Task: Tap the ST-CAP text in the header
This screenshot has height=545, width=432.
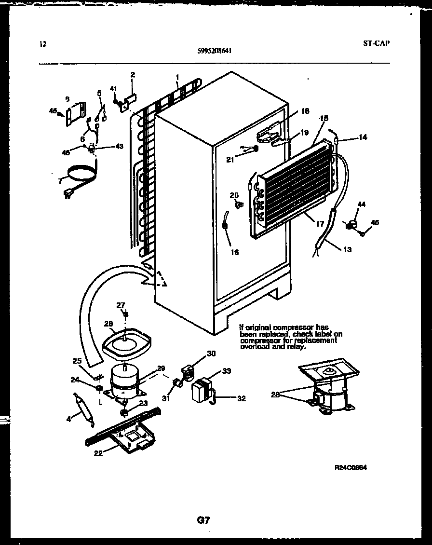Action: tap(376, 43)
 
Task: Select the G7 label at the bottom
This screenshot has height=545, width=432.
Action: tap(203, 520)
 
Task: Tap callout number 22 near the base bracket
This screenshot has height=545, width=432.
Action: tap(98, 452)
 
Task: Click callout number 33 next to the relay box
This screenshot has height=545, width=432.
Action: tap(226, 371)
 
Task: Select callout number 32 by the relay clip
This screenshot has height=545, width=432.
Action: tap(242, 398)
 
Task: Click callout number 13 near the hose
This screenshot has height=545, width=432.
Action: tap(347, 249)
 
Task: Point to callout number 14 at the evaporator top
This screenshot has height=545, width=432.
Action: tap(363, 137)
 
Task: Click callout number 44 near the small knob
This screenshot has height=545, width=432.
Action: tap(361, 204)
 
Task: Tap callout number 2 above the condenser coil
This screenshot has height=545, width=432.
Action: tap(133, 75)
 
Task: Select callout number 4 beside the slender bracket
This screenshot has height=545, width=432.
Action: tap(68, 419)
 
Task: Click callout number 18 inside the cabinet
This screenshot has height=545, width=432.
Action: tap(305, 111)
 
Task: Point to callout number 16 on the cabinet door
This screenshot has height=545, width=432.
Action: tap(234, 252)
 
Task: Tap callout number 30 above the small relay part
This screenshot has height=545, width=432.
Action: tap(211, 354)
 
